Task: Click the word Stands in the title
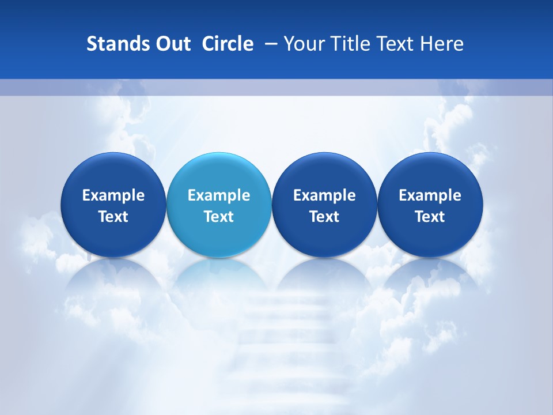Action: pyautogui.click(x=113, y=44)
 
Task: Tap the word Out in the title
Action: pyautogui.click(x=172, y=44)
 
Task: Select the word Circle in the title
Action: pyautogui.click(x=228, y=44)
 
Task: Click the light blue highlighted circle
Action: pyautogui.click(x=219, y=173)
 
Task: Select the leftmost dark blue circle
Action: pyautogui.click(x=113, y=173)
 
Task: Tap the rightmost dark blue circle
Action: pyautogui.click(x=430, y=173)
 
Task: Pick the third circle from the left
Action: pyautogui.click(x=324, y=173)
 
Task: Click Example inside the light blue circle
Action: pyautogui.click(x=219, y=195)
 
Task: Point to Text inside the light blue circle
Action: pyautogui.click(x=219, y=217)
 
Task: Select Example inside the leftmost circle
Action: pyautogui.click(x=113, y=195)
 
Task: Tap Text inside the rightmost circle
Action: pyautogui.click(x=430, y=217)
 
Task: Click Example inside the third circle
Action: pyautogui.click(x=324, y=195)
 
